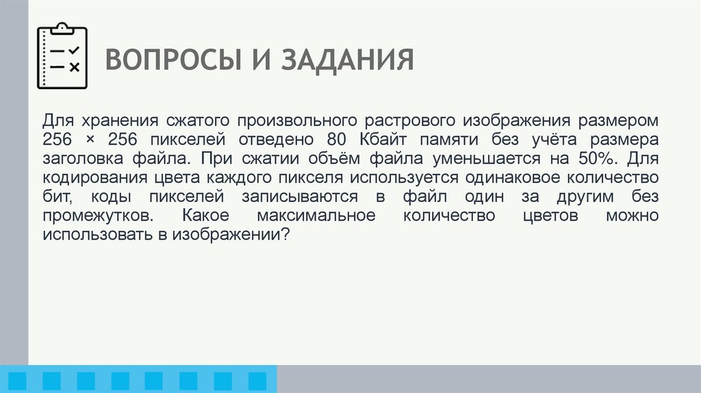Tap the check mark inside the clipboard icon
pyautogui.click(x=74, y=50)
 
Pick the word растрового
pyautogui.click(x=407, y=121)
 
